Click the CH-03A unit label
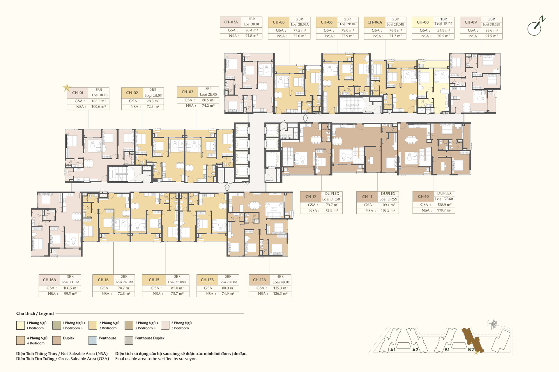point(231,22)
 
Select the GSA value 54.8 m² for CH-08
point(444,30)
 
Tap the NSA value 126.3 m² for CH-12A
point(280,294)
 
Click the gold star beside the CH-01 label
point(67,87)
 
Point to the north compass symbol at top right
point(536,26)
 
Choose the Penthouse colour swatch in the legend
point(93,340)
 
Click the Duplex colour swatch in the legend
point(56,340)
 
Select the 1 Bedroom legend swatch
point(20,325)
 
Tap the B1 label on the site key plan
point(447,350)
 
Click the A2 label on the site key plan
point(415,350)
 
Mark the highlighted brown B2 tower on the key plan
point(473,340)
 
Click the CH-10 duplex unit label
point(423,196)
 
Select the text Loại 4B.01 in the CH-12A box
point(281,282)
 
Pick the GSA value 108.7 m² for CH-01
point(99,101)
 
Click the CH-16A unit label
point(49,280)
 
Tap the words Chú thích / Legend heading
point(35,314)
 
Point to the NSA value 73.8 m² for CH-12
point(332,210)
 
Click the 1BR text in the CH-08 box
point(444,19)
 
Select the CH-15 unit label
point(154,280)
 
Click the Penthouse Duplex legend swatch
point(129,340)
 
